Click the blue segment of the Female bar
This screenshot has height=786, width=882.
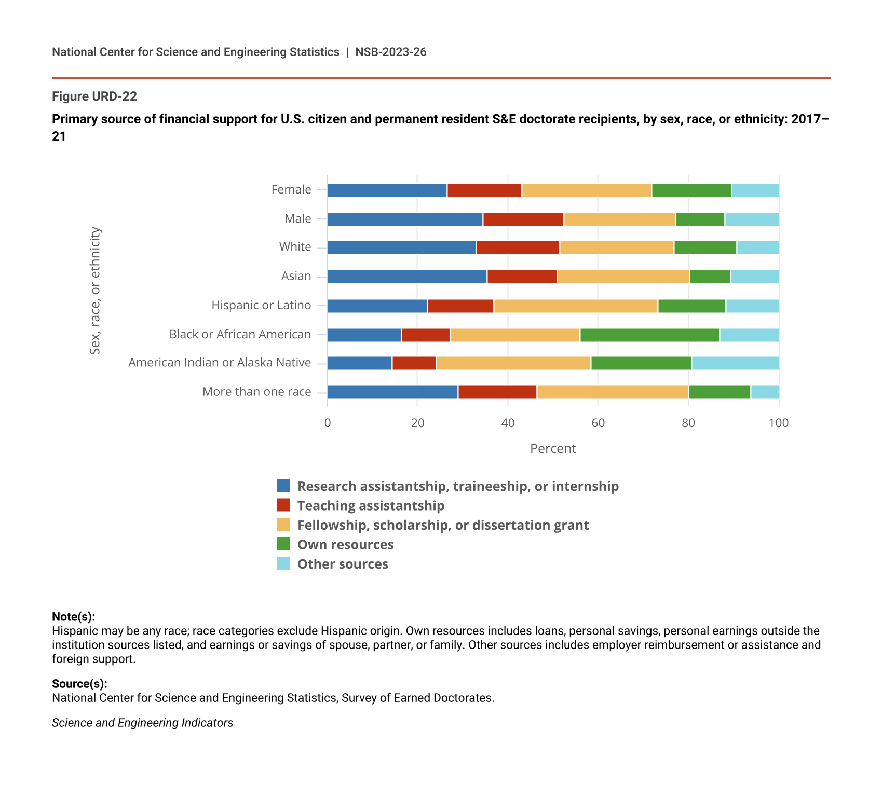tap(387, 190)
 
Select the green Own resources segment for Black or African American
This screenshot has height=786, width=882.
tap(649, 335)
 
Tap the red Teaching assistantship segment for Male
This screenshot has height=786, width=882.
tap(523, 219)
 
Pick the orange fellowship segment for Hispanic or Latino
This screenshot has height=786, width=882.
tap(576, 306)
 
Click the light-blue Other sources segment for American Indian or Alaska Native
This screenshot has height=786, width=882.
tap(735, 363)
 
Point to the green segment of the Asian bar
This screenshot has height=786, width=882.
tap(710, 277)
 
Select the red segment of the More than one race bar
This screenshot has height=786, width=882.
tap(497, 392)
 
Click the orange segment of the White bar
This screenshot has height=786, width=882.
tap(617, 247)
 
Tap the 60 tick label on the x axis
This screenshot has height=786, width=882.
tap(598, 423)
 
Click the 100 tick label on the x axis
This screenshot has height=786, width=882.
tap(778, 423)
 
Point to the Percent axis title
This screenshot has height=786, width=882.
tap(553, 448)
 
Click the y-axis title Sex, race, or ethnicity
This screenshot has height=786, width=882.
tap(95, 291)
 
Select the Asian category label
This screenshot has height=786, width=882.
tap(296, 276)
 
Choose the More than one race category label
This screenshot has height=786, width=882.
tap(256, 392)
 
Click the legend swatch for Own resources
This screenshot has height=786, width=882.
tap(283, 544)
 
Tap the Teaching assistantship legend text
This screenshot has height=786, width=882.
tap(371, 505)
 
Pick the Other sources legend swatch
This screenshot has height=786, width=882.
tap(283, 563)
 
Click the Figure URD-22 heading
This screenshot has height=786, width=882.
tap(94, 96)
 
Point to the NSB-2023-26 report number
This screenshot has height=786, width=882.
tap(391, 52)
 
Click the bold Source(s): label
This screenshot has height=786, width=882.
tap(79, 684)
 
